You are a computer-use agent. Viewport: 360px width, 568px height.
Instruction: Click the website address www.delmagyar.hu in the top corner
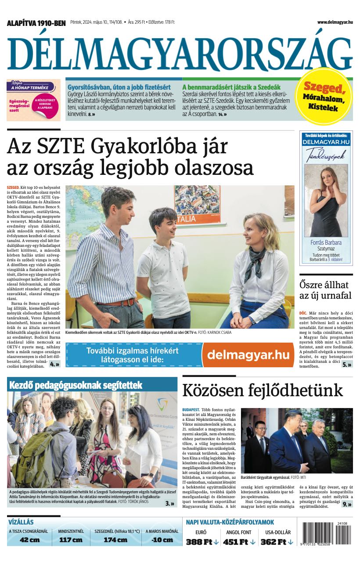click(x=335, y=22)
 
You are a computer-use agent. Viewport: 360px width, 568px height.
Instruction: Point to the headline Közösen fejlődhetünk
click(x=263, y=390)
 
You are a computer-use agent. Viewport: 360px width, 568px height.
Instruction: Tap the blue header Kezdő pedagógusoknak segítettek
click(x=76, y=385)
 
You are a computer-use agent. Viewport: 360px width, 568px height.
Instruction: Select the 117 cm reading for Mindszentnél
click(x=71, y=540)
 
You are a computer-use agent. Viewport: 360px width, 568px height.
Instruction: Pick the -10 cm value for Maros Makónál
click(x=162, y=540)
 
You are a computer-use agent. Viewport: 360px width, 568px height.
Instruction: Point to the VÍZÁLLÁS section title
click(x=21, y=522)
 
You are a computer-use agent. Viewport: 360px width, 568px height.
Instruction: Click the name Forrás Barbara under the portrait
click(x=326, y=242)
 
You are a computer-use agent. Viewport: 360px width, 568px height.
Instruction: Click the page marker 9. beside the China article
click(x=346, y=504)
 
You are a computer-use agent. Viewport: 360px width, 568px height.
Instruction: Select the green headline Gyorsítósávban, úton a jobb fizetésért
click(x=118, y=87)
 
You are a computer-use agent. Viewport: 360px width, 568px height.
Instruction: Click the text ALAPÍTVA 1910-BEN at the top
click(x=36, y=23)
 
